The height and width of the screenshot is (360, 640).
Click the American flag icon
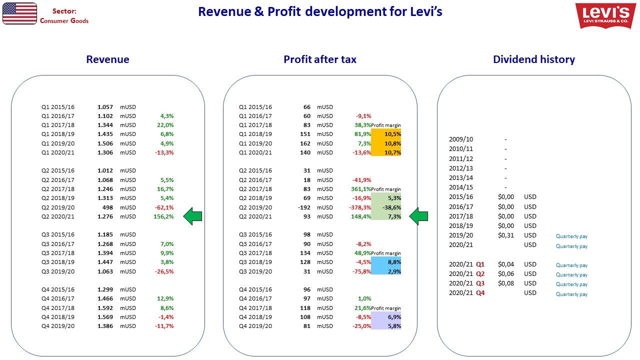[x=19, y=13]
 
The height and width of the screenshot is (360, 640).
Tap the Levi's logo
[x=605, y=15]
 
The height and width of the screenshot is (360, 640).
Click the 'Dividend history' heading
[x=534, y=59]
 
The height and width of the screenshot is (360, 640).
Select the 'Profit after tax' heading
[x=320, y=59]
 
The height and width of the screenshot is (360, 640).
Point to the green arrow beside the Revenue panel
[x=192, y=216]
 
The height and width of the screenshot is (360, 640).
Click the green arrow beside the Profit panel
[x=418, y=216]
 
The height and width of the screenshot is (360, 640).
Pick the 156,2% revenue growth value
[x=163, y=216]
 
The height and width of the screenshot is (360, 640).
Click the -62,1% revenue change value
[x=164, y=207]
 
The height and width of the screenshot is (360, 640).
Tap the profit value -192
[x=304, y=207]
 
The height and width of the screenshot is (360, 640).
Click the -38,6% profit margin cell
[x=386, y=207]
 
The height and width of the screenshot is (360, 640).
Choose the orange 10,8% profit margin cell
[x=386, y=143]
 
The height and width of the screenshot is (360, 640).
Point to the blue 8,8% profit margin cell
[x=386, y=262]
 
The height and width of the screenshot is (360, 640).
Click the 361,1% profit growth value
[x=361, y=189]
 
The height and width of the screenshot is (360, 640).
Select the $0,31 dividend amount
[x=505, y=235]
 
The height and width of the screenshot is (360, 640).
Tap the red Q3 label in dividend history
[x=480, y=283]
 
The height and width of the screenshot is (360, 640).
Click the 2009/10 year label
[x=461, y=139]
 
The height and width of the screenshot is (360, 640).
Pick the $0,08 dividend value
[x=505, y=283]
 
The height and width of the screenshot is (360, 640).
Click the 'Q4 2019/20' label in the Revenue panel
[x=58, y=326]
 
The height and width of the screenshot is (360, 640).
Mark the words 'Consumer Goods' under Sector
[x=64, y=21]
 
